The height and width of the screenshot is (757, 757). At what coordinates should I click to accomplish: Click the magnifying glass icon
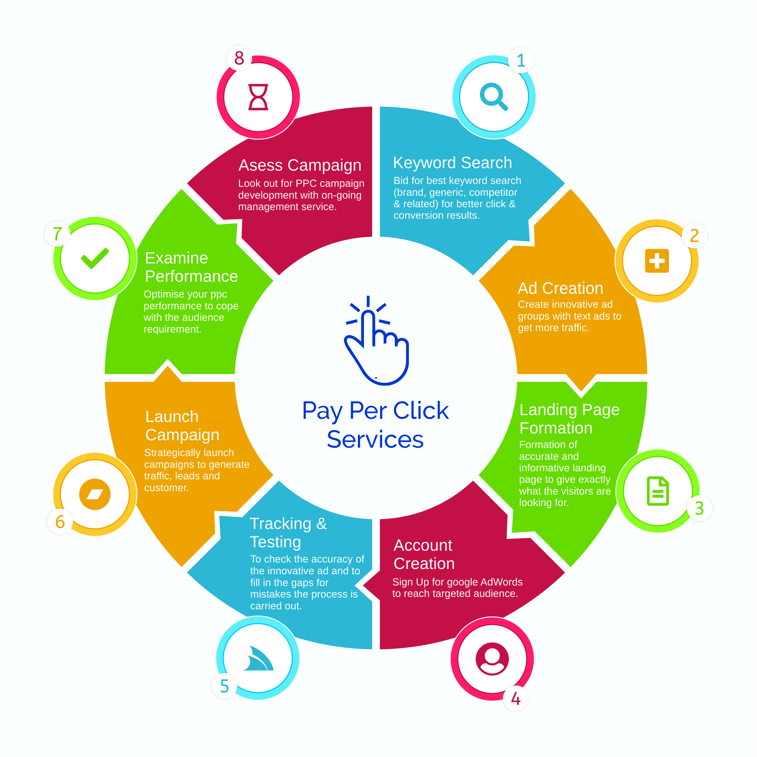point(493,96)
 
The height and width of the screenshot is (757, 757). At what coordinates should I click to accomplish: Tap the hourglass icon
point(258,97)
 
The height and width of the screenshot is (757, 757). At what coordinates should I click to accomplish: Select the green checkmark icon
point(95,258)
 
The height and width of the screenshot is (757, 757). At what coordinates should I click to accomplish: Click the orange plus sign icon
point(657,261)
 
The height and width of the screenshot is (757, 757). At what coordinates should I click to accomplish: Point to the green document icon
point(657,491)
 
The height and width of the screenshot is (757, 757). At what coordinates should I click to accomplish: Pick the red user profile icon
point(492,659)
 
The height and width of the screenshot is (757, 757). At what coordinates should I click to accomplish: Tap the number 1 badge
point(521,60)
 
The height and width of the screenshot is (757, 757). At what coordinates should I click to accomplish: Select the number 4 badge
point(516,699)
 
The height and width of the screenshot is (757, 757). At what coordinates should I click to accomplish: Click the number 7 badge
point(57,234)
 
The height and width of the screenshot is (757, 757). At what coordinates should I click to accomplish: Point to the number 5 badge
point(224,686)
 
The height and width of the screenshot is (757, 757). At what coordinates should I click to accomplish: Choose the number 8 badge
point(239,58)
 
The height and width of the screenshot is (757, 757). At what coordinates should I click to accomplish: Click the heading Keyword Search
point(452,163)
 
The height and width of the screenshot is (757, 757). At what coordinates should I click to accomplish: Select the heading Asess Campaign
point(300,165)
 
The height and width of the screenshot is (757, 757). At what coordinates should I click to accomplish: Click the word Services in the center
point(375,439)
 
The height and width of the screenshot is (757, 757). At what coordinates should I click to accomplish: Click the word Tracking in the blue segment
point(281,524)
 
